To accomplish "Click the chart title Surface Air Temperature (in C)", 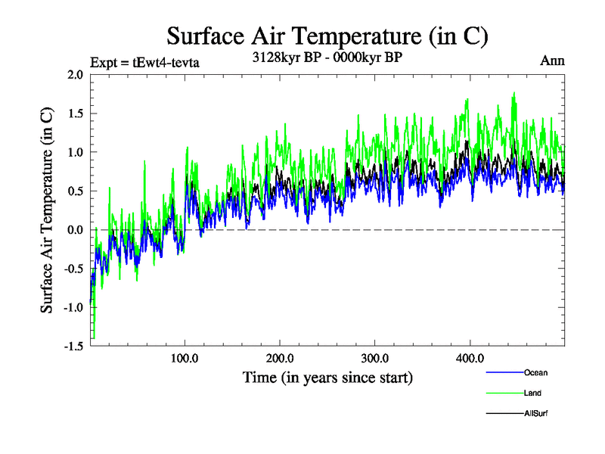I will pyautogui.click(x=327, y=36).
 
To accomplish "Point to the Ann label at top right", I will pyautogui.click(x=552, y=61).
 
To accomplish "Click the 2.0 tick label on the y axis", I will pyautogui.click(x=75, y=75).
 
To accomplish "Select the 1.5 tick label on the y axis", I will pyautogui.click(x=75, y=113).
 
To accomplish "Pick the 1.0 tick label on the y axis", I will pyautogui.click(x=75, y=152).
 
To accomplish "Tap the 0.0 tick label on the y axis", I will pyautogui.click(x=75, y=229).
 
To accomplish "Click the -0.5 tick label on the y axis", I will pyautogui.click(x=73, y=268).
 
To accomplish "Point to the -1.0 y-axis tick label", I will pyautogui.click(x=73, y=307).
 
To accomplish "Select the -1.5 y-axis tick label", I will pyautogui.click(x=73, y=346).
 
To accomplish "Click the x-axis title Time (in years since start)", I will pyautogui.click(x=327, y=376).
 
